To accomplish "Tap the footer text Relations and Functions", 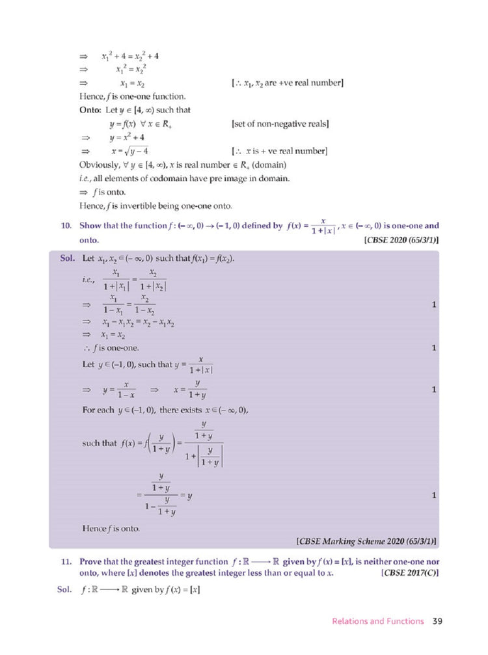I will [377, 621].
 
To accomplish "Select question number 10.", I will [65, 226].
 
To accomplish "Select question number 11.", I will [65, 560].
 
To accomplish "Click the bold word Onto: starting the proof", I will [90, 110].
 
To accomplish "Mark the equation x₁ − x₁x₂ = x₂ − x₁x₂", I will [138, 323].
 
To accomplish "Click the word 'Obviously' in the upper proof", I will [99, 166].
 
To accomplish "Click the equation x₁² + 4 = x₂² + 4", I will [130, 56].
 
